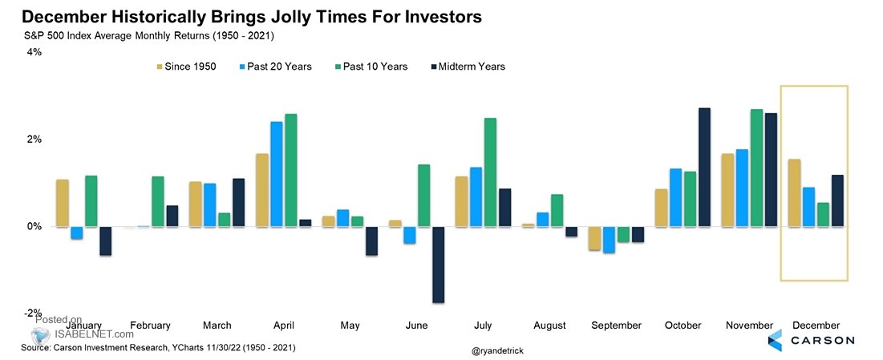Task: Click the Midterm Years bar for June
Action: point(438,265)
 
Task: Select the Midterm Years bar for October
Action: point(704,167)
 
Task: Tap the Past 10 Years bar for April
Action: point(291,170)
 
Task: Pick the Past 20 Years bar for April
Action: point(276,174)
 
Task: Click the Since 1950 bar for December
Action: point(794,193)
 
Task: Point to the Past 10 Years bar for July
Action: point(490,172)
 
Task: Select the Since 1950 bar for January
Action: point(62,203)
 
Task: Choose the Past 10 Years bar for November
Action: point(756,168)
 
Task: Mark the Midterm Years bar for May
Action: point(371,241)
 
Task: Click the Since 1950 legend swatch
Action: point(160,67)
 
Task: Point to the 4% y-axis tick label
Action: point(34,52)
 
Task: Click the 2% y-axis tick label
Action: point(34,139)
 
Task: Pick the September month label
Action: point(616,326)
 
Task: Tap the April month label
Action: point(283,326)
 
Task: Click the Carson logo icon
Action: point(775,340)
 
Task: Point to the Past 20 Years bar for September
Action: point(609,240)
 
